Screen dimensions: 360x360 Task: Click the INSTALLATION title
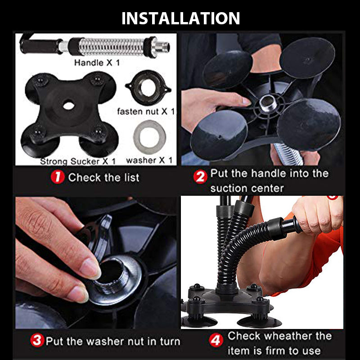(x=181, y=18)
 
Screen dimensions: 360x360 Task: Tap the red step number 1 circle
(x=58, y=177)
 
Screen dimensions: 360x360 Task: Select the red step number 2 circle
(x=200, y=176)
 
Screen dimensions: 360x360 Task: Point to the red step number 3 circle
(x=37, y=340)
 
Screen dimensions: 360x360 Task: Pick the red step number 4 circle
(x=216, y=340)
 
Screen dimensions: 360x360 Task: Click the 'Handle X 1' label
(x=97, y=63)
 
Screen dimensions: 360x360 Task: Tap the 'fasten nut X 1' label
(x=146, y=112)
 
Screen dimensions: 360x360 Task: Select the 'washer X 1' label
(x=149, y=160)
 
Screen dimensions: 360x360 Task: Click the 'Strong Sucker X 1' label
(x=78, y=161)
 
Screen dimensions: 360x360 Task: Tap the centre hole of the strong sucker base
(x=68, y=106)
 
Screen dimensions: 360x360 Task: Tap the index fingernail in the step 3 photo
(x=91, y=268)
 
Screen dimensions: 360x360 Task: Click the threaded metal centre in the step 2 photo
(x=268, y=103)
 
